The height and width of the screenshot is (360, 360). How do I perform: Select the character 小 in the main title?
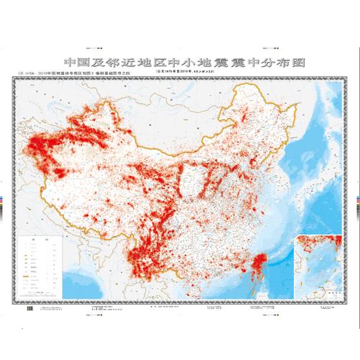(197, 63)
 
